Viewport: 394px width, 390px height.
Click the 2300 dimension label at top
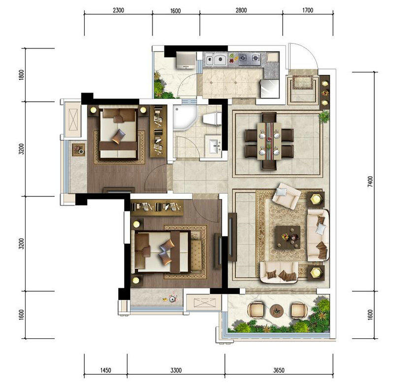coord(118,10)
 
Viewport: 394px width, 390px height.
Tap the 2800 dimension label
coord(241,10)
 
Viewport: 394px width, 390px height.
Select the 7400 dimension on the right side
coord(370,181)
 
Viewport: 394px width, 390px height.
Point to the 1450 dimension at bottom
coord(105,370)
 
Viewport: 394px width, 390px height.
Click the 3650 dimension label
coord(279,370)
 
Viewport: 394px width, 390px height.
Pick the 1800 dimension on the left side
coord(21,75)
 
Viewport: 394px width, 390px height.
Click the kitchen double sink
coord(215,60)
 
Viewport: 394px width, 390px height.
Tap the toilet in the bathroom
coord(212,118)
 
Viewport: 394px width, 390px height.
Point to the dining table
coord(269,141)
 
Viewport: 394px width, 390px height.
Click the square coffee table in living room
coord(288,237)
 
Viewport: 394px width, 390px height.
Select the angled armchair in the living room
coord(287,196)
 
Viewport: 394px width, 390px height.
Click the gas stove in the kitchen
coord(249,59)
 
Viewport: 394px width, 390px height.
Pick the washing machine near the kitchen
coord(186,60)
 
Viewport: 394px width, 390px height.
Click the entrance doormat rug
coord(302,82)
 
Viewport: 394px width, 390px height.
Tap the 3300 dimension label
coord(176,370)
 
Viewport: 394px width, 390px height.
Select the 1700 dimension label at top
coord(308,10)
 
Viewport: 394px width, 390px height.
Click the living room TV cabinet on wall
coord(232,237)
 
